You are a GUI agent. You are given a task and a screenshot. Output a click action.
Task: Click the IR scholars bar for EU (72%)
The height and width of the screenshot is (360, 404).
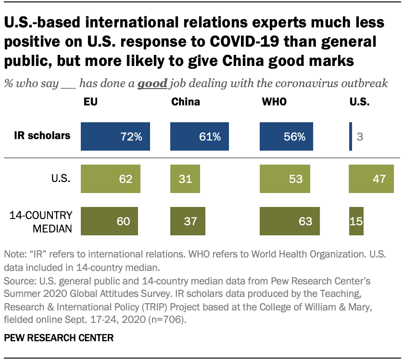pyautogui.click(x=115, y=136)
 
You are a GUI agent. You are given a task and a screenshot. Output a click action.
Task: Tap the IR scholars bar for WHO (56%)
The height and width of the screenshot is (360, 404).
pyautogui.click(x=286, y=136)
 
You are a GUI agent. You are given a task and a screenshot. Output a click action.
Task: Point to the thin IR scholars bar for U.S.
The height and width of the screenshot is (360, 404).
pyautogui.click(x=350, y=136)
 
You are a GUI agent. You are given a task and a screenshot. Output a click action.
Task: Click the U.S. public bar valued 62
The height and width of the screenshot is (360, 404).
pyautogui.click(x=110, y=179)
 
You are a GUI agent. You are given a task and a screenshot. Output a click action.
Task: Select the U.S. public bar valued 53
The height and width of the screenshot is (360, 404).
pyautogui.click(x=285, y=179)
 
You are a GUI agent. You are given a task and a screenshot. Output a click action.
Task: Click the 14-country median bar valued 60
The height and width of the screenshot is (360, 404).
pyautogui.click(x=109, y=221)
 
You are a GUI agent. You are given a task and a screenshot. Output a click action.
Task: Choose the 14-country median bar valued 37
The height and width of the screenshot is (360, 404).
pyautogui.click(x=188, y=221)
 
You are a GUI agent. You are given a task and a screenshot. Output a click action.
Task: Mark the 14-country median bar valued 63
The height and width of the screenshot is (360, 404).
pyautogui.click(x=290, y=221)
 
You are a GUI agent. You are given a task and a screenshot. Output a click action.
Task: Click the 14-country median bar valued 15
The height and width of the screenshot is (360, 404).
pyautogui.click(x=356, y=221)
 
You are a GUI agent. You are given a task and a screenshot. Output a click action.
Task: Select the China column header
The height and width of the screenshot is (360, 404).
pyautogui.click(x=185, y=102)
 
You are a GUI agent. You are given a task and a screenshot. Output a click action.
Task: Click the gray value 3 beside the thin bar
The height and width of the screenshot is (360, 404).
pyautogui.click(x=359, y=137)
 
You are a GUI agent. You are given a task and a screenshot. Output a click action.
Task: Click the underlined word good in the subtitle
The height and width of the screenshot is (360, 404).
pyautogui.click(x=152, y=83)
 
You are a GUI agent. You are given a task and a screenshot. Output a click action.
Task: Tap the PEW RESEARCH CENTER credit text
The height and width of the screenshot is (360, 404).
pyautogui.click(x=59, y=338)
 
